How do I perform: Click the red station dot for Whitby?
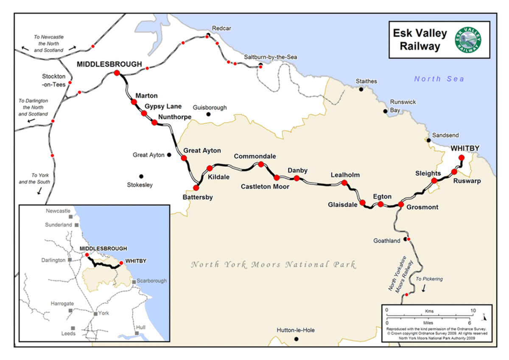[x=461, y=157]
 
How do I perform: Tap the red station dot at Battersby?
[x=196, y=187]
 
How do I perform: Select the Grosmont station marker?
[x=401, y=205]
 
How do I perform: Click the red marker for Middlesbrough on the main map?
[x=117, y=73]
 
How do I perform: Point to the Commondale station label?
[x=255, y=156]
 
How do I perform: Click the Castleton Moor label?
[x=265, y=186]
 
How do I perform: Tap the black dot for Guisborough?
[x=208, y=114]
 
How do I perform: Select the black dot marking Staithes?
[x=361, y=89]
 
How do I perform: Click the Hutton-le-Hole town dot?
[x=296, y=339]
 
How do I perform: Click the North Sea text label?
[x=439, y=79]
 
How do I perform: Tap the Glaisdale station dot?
[x=363, y=203]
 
